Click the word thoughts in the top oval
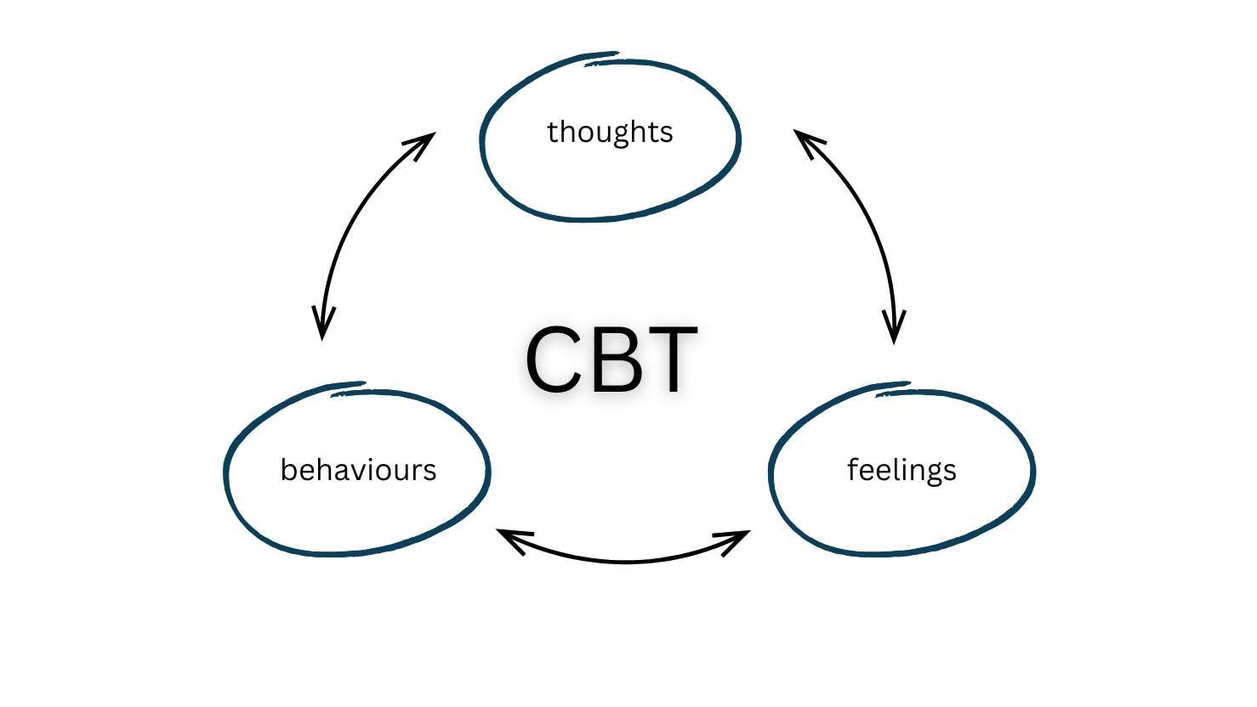point(610,133)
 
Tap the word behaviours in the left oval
point(358,470)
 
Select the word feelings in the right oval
point(902,470)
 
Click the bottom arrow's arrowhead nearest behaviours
point(510,538)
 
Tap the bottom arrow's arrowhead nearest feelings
point(736,539)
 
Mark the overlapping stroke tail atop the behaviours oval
point(348,387)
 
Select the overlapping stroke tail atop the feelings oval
point(892,387)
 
